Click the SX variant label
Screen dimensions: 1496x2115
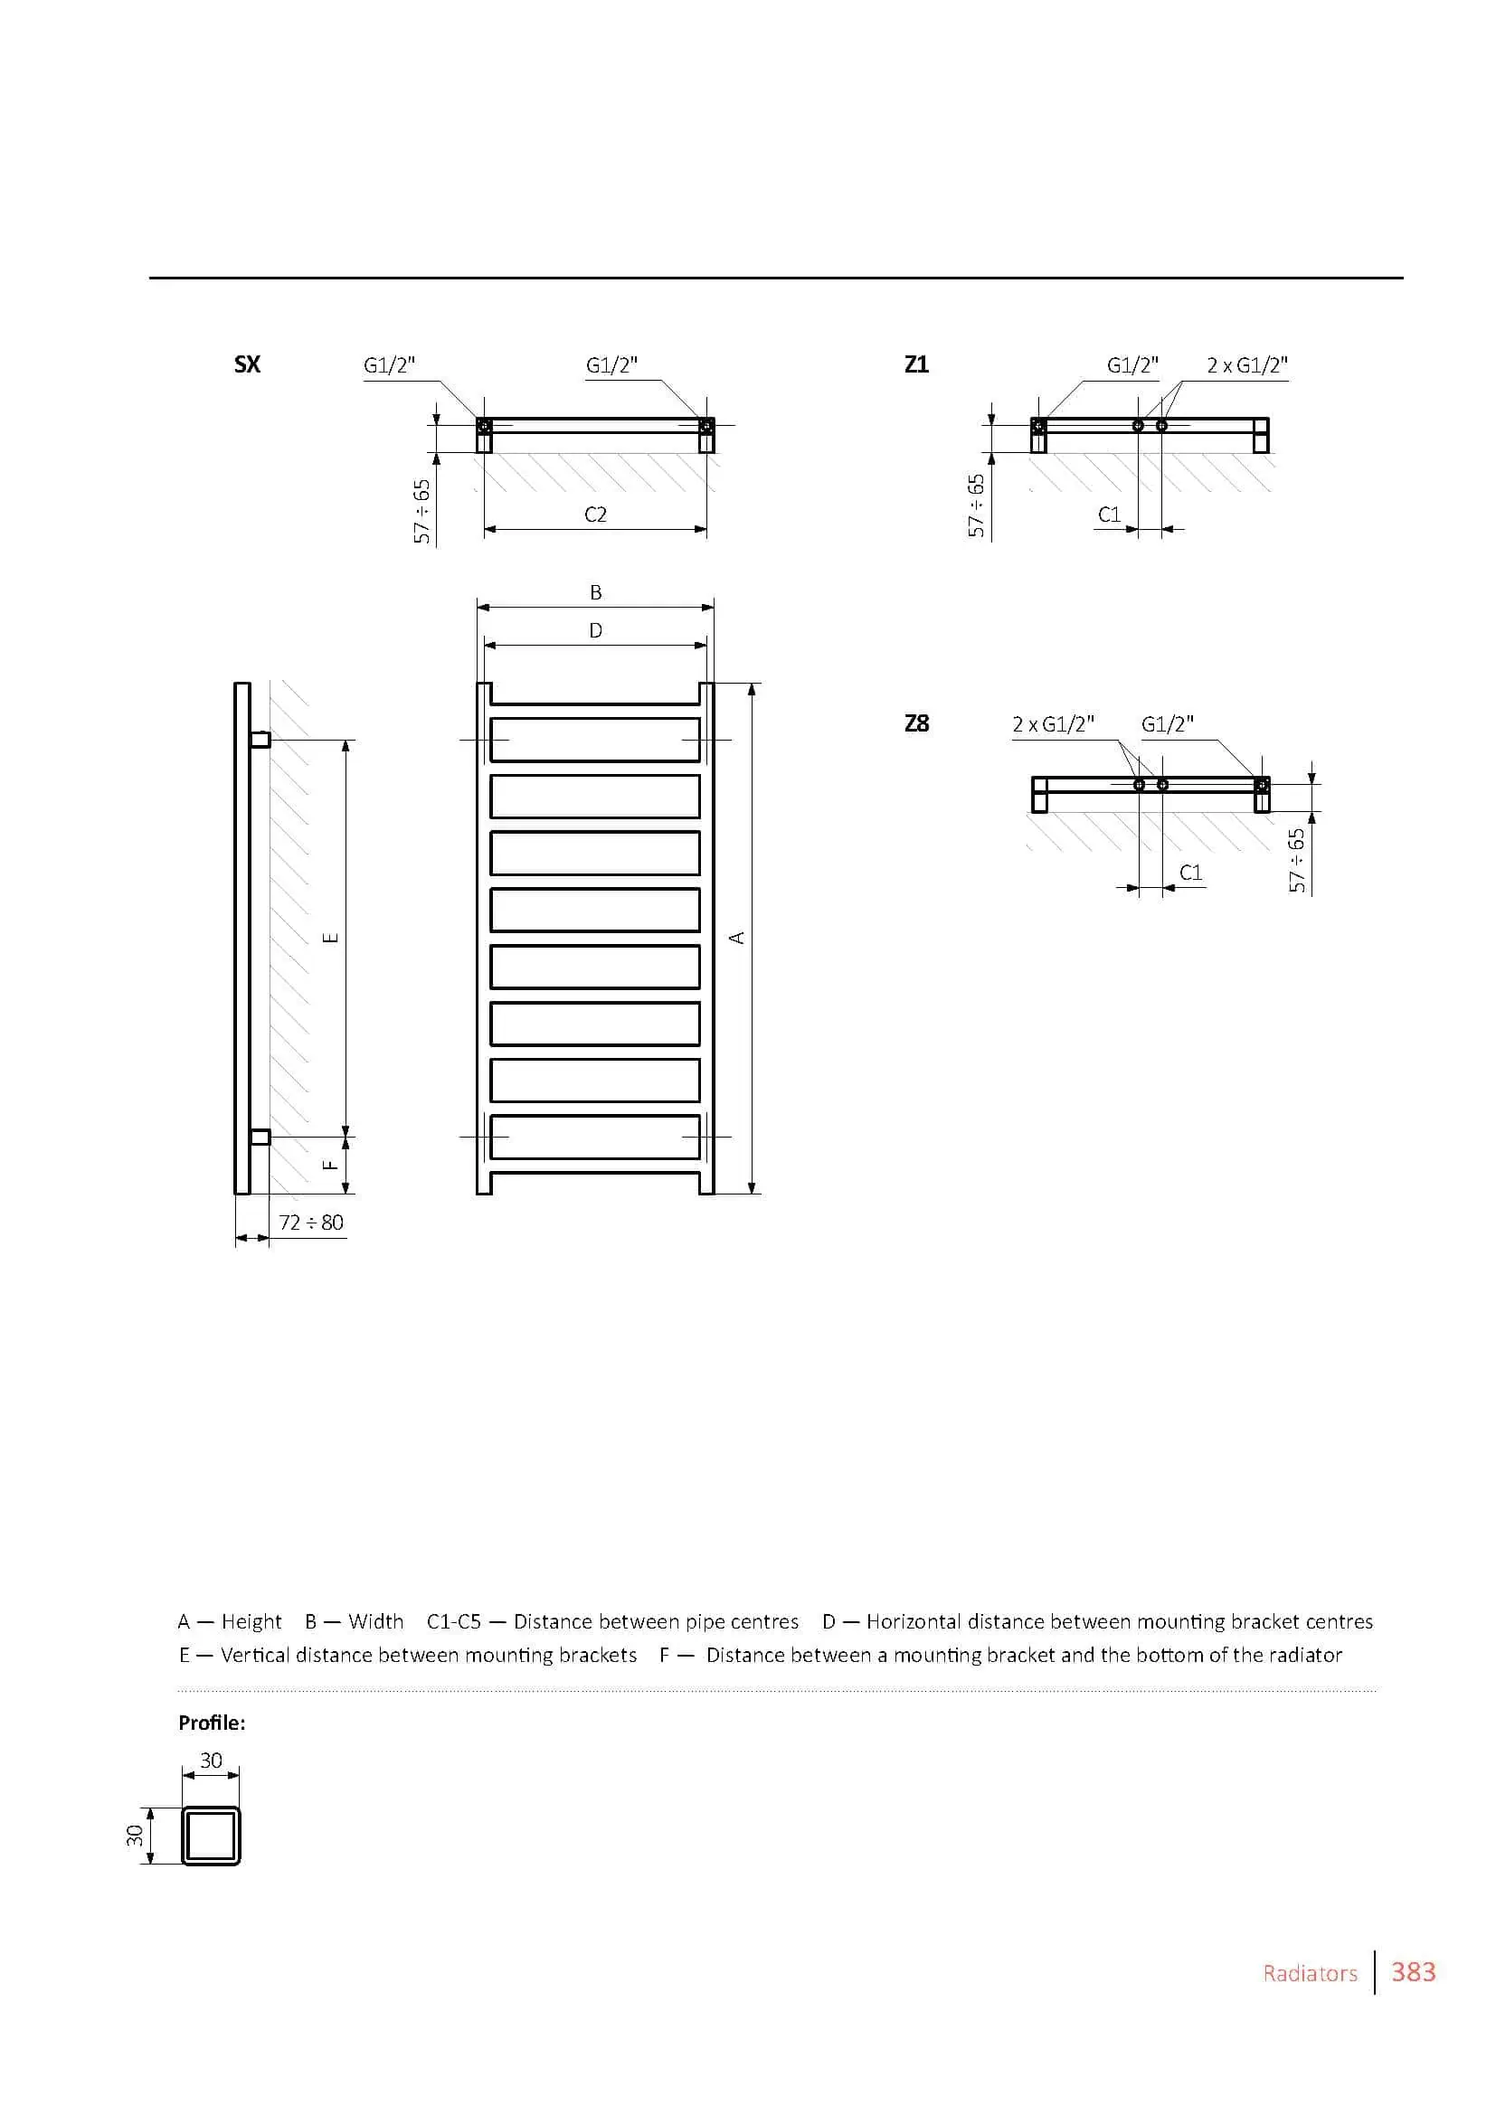[x=247, y=364]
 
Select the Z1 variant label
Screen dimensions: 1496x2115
[x=916, y=364]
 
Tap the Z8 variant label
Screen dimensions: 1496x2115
[x=916, y=723]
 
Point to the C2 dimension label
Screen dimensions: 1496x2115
[x=595, y=514]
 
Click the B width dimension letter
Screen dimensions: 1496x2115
[x=596, y=592]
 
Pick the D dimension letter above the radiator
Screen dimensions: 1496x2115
[x=596, y=631]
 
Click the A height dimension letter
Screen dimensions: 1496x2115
[x=736, y=938]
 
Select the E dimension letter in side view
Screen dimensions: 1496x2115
[x=331, y=938]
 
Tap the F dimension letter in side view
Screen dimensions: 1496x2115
[x=331, y=1165]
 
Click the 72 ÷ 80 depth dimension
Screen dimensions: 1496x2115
[x=310, y=1223]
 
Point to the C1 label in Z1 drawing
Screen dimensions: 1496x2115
[x=1109, y=514]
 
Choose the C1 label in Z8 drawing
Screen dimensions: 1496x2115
[x=1191, y=873]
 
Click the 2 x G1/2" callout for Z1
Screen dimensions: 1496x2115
[x=1247, y=365]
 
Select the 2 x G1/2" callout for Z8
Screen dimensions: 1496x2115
[x=1053, y=724]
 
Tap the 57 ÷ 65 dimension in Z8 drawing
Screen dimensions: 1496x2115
[x=1297, y=860]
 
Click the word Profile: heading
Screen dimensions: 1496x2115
[x=212, y=1723]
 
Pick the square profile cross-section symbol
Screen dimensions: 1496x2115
[x=211, y=1836]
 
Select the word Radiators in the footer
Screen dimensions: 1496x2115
[x=1310, y=1973]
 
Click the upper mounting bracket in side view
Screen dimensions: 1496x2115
[x=260, y=740]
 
